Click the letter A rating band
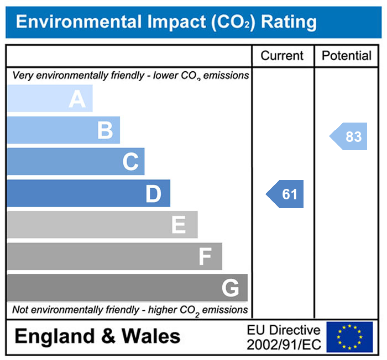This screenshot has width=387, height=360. click(x=50, y=99)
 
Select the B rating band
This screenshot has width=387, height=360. click(x=64, y=130)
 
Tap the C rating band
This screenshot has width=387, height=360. click(x=76, y=162)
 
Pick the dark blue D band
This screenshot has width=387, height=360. click(x=88, y=193)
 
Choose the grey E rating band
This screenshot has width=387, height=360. click(x=102, y=225)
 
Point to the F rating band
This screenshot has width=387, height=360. click(x=114, y=256)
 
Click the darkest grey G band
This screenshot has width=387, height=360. click(x=127, y=288)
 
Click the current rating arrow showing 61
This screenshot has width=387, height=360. click(x=286, y=194)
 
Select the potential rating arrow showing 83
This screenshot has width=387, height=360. click(x=349, y=136)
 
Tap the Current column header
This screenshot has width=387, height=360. click(x=282, y=56)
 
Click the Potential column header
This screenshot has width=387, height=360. click(x=347, y=56)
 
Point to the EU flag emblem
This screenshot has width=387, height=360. click(x=349, y=337)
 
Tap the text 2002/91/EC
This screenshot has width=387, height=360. click(x=284, y=345)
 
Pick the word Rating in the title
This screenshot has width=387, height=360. click(x=289, y=22)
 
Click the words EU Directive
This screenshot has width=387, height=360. click(x=284, y=330)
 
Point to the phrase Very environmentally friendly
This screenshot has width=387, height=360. click(x=68, y=75)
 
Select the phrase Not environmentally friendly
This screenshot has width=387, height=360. click(x=68, y=310)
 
